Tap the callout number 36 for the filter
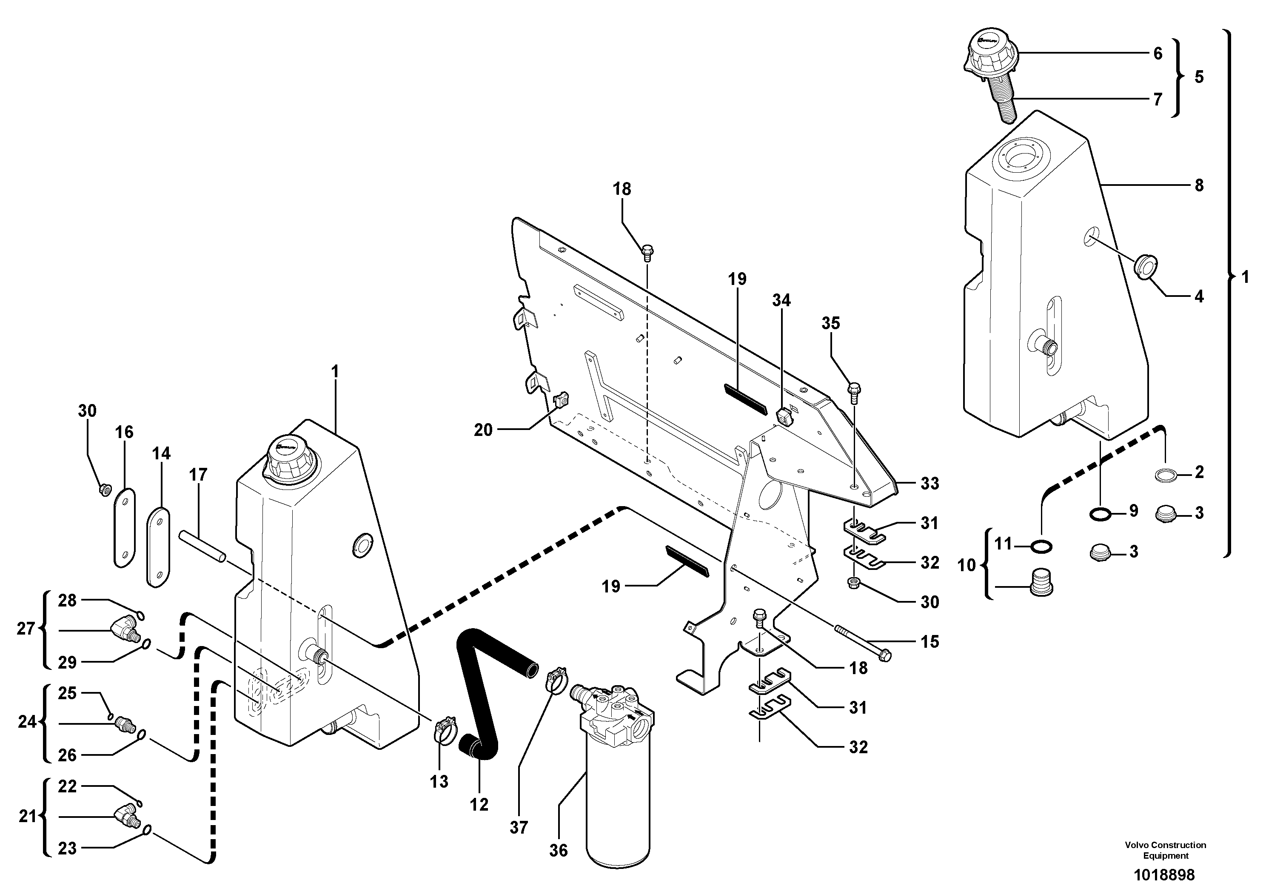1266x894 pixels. click(x=558, y=851)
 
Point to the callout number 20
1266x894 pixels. click(x=483, y=430)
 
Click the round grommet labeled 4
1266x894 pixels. click(x=1144, y=268)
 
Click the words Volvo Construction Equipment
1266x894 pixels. click(x=1166, y=850)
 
